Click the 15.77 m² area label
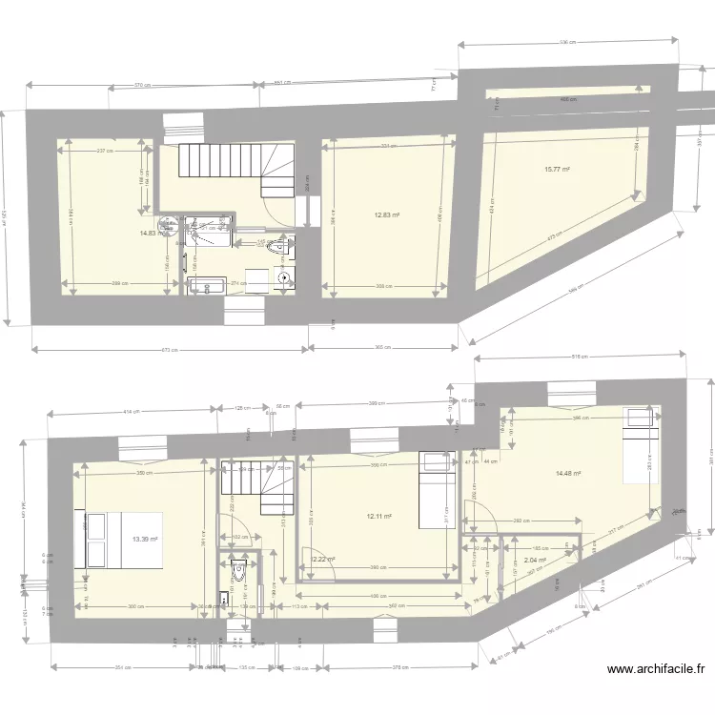pyautogui.click(x=557, y=170)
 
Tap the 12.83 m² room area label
pyautogui.click(x=386, y=214)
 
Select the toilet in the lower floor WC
pyautogui.click(x=238, y=571)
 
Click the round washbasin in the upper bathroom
pyautogui.click(x=284, y=278)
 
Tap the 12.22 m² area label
pyautogui.click(x=323, y=560)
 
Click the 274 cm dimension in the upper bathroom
pyautogui.click(x=238, y=283)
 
